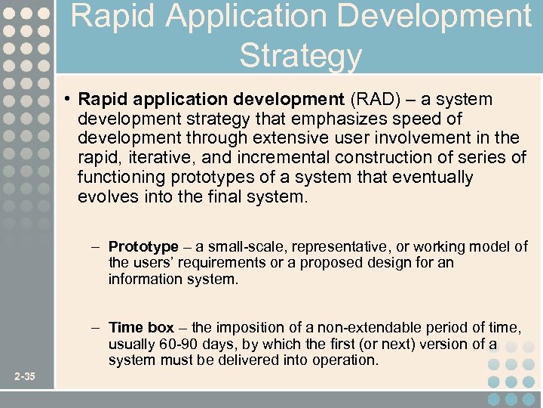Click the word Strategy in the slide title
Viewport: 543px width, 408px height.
tap(300, 55)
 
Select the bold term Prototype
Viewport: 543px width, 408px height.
tap(143, 247)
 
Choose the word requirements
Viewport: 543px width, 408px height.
tap(204, 263)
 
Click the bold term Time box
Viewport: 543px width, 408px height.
tap(141, 327)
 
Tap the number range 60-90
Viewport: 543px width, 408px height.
tap(173, 344)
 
